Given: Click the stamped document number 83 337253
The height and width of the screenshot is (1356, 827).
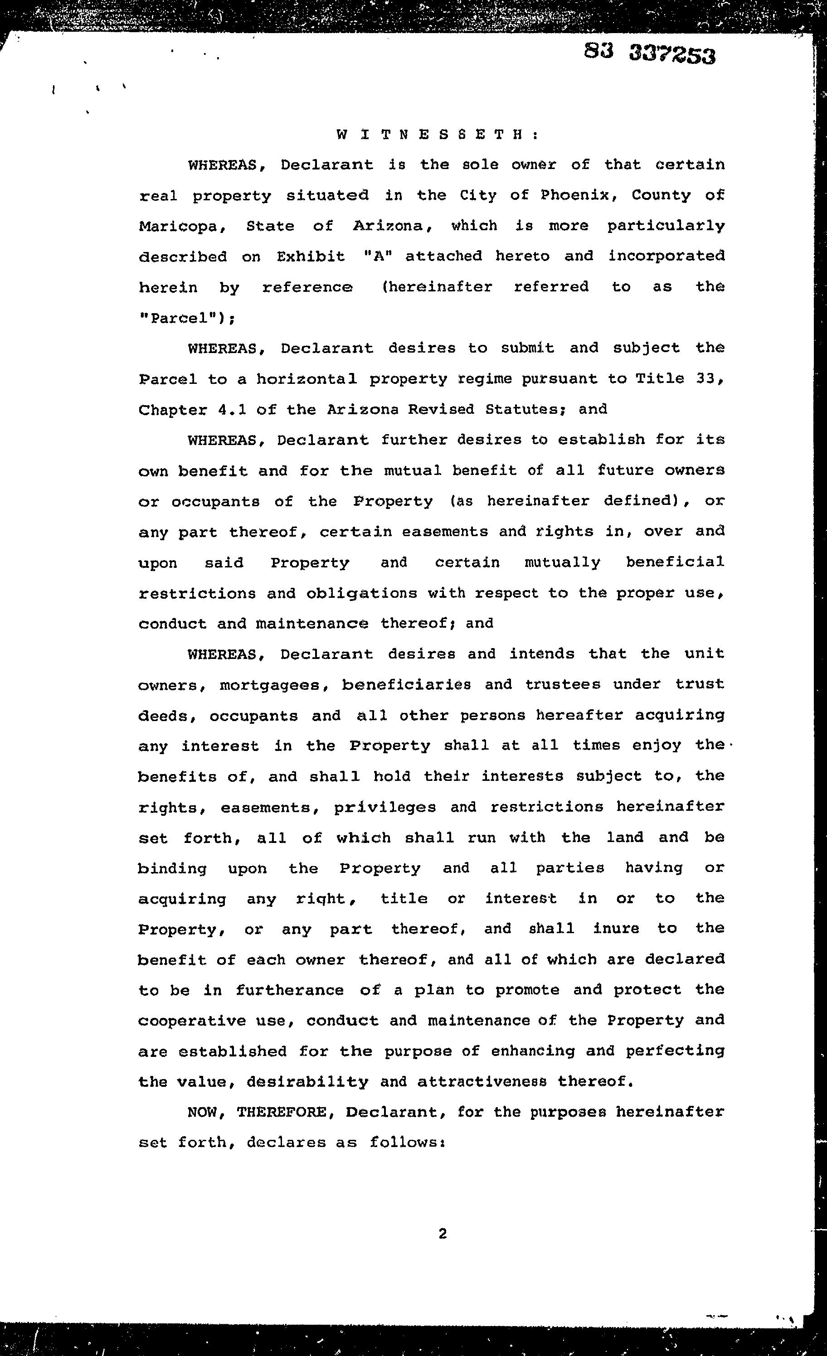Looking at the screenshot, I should pyautogui.click(x=650, y=54).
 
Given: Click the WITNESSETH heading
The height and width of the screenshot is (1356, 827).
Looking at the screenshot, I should pyautogui.click(x=437, y=135).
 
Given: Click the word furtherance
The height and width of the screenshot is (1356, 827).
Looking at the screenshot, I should pyautogui.click(x=290, y=991).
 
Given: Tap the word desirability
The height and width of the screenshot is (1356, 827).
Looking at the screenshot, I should pyautogui.click(x=307, y=1082).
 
